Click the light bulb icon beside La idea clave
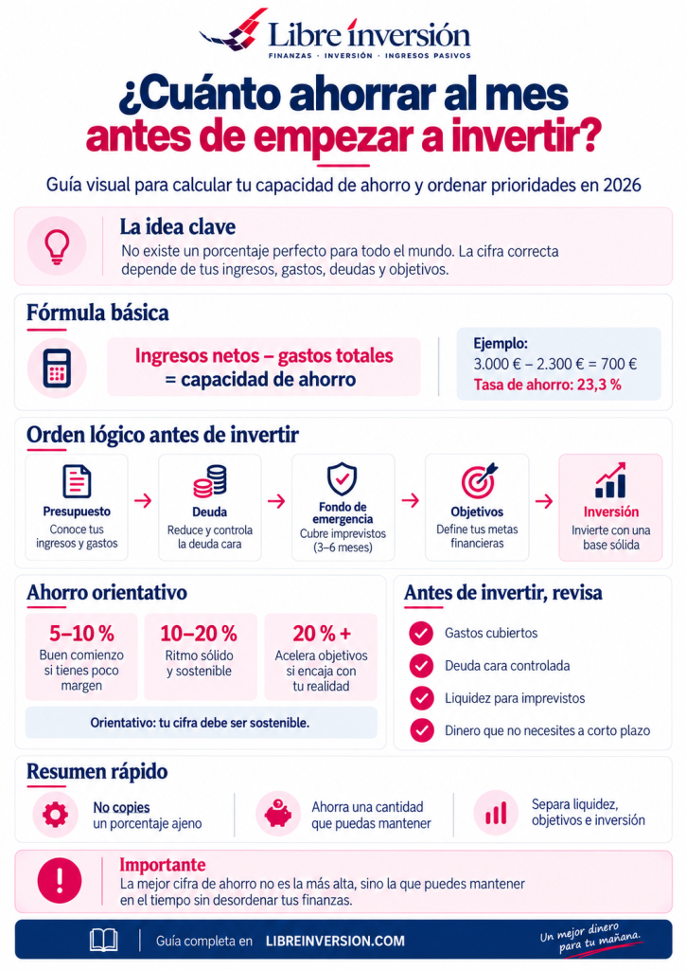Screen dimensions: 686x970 [x=56, y=246]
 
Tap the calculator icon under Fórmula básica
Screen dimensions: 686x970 [x=57, y=368]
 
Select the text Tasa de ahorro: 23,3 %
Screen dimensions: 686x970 [x=547, y=385]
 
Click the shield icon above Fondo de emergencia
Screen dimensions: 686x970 [x=343, y=479]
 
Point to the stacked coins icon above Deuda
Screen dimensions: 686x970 [x=210, y=481]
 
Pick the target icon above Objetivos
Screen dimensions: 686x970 [x=479, y=480]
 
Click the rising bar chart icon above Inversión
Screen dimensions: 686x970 [x=610, y=480]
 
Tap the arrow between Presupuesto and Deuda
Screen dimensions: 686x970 [x=143, y=500]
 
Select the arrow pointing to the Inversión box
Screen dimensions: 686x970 [x=544, y=500]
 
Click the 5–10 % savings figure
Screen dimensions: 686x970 [x=81, y=634]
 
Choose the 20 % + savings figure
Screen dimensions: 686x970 [x=322, y=634]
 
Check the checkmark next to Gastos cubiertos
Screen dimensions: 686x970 [x=421, y=633]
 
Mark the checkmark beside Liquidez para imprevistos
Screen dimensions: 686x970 [x=421, y=698]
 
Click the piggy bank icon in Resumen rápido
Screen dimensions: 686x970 [x=278, y=814]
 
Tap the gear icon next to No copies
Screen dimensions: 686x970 [x=55, y=815]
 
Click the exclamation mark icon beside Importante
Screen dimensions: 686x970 [x=60, y=880]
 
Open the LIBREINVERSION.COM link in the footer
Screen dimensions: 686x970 [x=335, y=941]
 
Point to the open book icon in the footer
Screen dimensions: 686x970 [x=104, y=940]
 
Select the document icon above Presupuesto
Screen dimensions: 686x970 [x=78, y=480]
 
